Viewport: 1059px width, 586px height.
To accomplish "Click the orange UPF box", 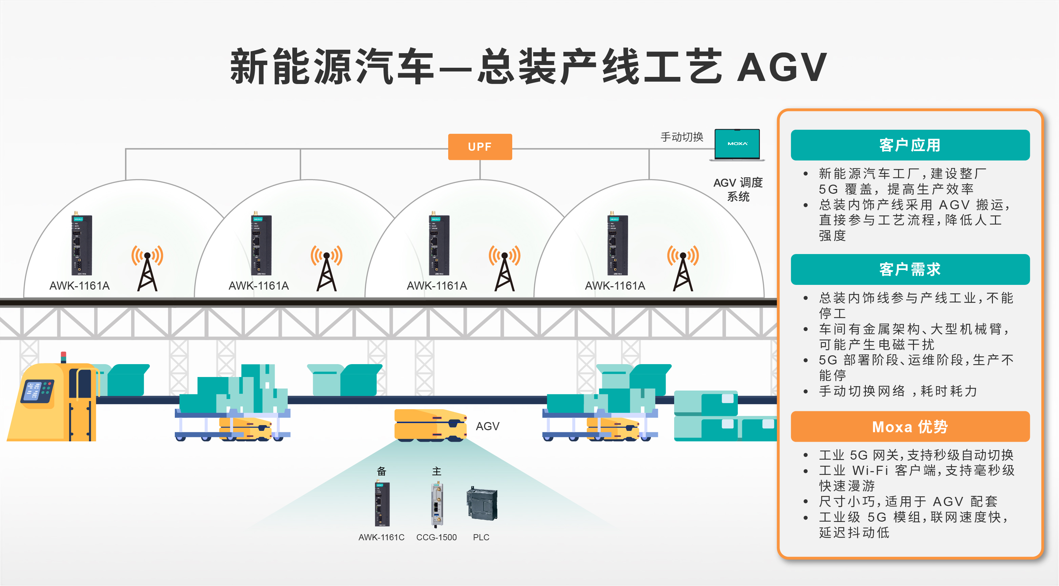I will [x=480, y=147].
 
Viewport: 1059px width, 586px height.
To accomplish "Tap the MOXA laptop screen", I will [x=737, y=144].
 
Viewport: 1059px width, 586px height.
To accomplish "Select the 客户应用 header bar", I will [x=910, y=145].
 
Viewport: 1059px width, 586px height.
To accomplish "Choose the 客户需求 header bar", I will [x=910, y=270].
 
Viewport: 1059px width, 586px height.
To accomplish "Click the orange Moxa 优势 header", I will [x=910, y=426].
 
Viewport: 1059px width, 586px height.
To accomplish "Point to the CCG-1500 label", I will [x=436, y=537].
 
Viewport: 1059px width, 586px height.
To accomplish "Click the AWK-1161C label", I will [x=381, y=537].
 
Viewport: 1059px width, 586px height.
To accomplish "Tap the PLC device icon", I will [x=482, y=503].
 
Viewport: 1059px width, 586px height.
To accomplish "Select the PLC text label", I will [x=481, y=537].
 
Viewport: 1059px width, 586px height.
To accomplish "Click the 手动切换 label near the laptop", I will [x=682, y=137].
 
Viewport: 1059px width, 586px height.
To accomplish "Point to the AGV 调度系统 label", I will [x=738, y=189].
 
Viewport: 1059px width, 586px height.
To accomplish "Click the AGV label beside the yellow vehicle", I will [x=487, y=426].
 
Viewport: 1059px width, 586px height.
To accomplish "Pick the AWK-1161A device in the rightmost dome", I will [x=618, y=245].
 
